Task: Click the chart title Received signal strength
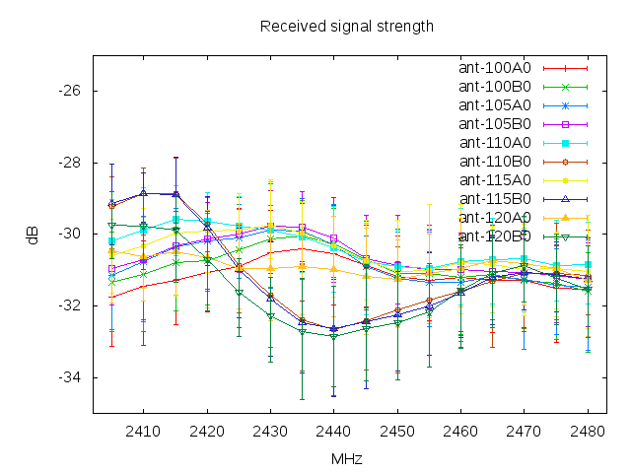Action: click(346, 27)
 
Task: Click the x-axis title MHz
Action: click(346, 458)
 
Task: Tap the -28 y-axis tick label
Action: click(73, 163)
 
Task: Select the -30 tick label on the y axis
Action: click(73, 235)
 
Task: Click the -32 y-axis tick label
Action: click(73, 305)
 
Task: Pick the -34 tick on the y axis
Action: click(73, 377)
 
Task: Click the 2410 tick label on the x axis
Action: click(143, 431)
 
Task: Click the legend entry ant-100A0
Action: click(495, 68)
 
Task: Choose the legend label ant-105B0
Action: click(495, 124)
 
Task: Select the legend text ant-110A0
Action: click(495, 143)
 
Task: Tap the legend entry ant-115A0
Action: click(495, 180)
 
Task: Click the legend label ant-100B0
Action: click(495, 87)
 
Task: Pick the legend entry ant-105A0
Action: click(495, 105)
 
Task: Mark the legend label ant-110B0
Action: click(495, 162)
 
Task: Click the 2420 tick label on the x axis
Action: click(206, 431)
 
